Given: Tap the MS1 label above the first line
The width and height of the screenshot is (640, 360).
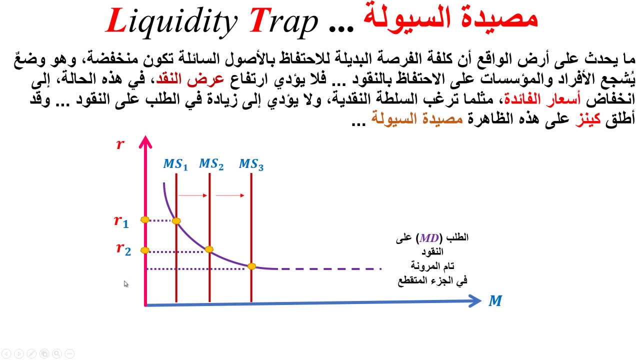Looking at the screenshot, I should pyautogui.click(x=175, y=164).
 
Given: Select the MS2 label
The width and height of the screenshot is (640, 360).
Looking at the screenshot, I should pyautogui.click(x=211, y=164).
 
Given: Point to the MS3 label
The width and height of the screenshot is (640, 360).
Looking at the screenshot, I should pyautogui.click(x=251, y=164).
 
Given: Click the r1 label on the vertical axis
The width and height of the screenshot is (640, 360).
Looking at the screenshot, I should pyautogui.click(x=121, y=221).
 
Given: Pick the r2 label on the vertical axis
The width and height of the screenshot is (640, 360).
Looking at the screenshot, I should pyautogui.click(x=123, y=248).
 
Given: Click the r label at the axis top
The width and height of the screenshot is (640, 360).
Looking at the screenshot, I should pyautogui.click(x=120, y=144).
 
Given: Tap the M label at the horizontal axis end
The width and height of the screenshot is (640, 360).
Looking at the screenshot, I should pyautogui.click(x=495, y=301).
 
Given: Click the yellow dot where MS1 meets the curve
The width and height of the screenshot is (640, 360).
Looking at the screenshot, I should pyautogui.click(x=176, y=220).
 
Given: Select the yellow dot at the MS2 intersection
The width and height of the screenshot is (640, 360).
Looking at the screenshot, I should pyautogui.click(x=209, y=249).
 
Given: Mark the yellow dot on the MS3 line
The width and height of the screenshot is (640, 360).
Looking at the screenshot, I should pyautogui.click(x=251, y=266).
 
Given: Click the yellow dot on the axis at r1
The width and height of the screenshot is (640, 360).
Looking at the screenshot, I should pyautogui.click(x=145, y=219).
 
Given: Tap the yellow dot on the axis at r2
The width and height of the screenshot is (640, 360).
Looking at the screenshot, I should pyautogui.click(x=145, y=250).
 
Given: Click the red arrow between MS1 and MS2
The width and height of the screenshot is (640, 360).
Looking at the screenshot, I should pyautogui.click(x=192, y=195).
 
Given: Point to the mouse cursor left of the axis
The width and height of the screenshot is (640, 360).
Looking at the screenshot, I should pyautogui.click(x=126, y=284).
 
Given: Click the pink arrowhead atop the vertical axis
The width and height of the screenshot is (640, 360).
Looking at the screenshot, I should pyautogui.click(x=145, y=142).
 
